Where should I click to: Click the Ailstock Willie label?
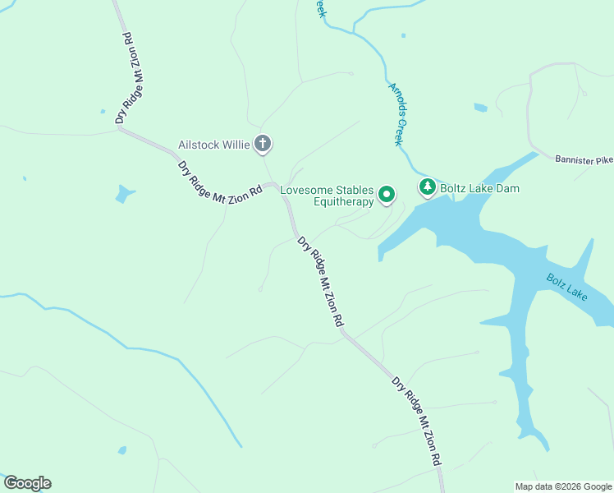(214, 145)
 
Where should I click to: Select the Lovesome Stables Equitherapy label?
(327, 196)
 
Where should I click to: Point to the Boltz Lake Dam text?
(479, 188)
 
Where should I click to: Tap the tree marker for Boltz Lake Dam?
(427, 188)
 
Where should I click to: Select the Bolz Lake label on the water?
(567, 287)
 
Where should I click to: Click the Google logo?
(27, 483)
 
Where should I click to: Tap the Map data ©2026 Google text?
(563, 486)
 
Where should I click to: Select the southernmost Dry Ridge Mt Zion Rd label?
(417, 422)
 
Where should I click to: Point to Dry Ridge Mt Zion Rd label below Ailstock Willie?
(220, 178)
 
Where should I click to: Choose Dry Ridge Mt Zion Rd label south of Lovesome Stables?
(320, 283)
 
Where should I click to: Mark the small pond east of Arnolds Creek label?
(480, 108)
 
